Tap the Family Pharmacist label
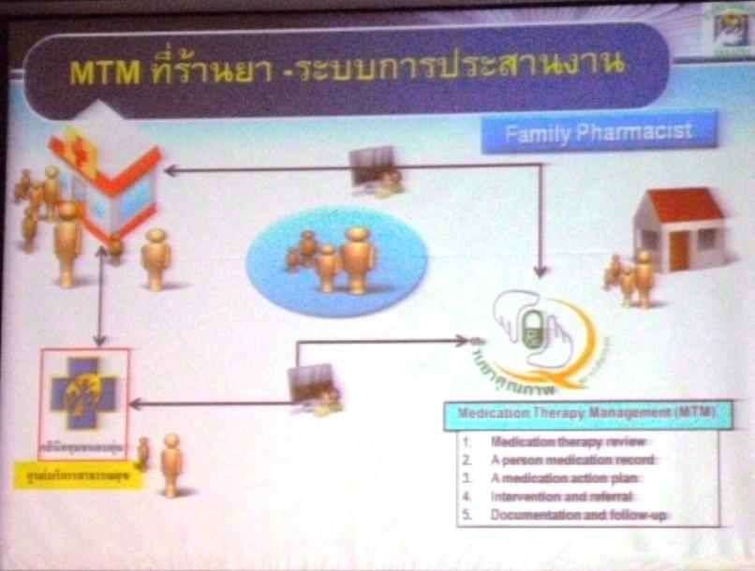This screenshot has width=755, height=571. (600, 132)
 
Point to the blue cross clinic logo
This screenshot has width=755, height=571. (84, 393)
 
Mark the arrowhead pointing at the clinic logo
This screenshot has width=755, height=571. (137, 403)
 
